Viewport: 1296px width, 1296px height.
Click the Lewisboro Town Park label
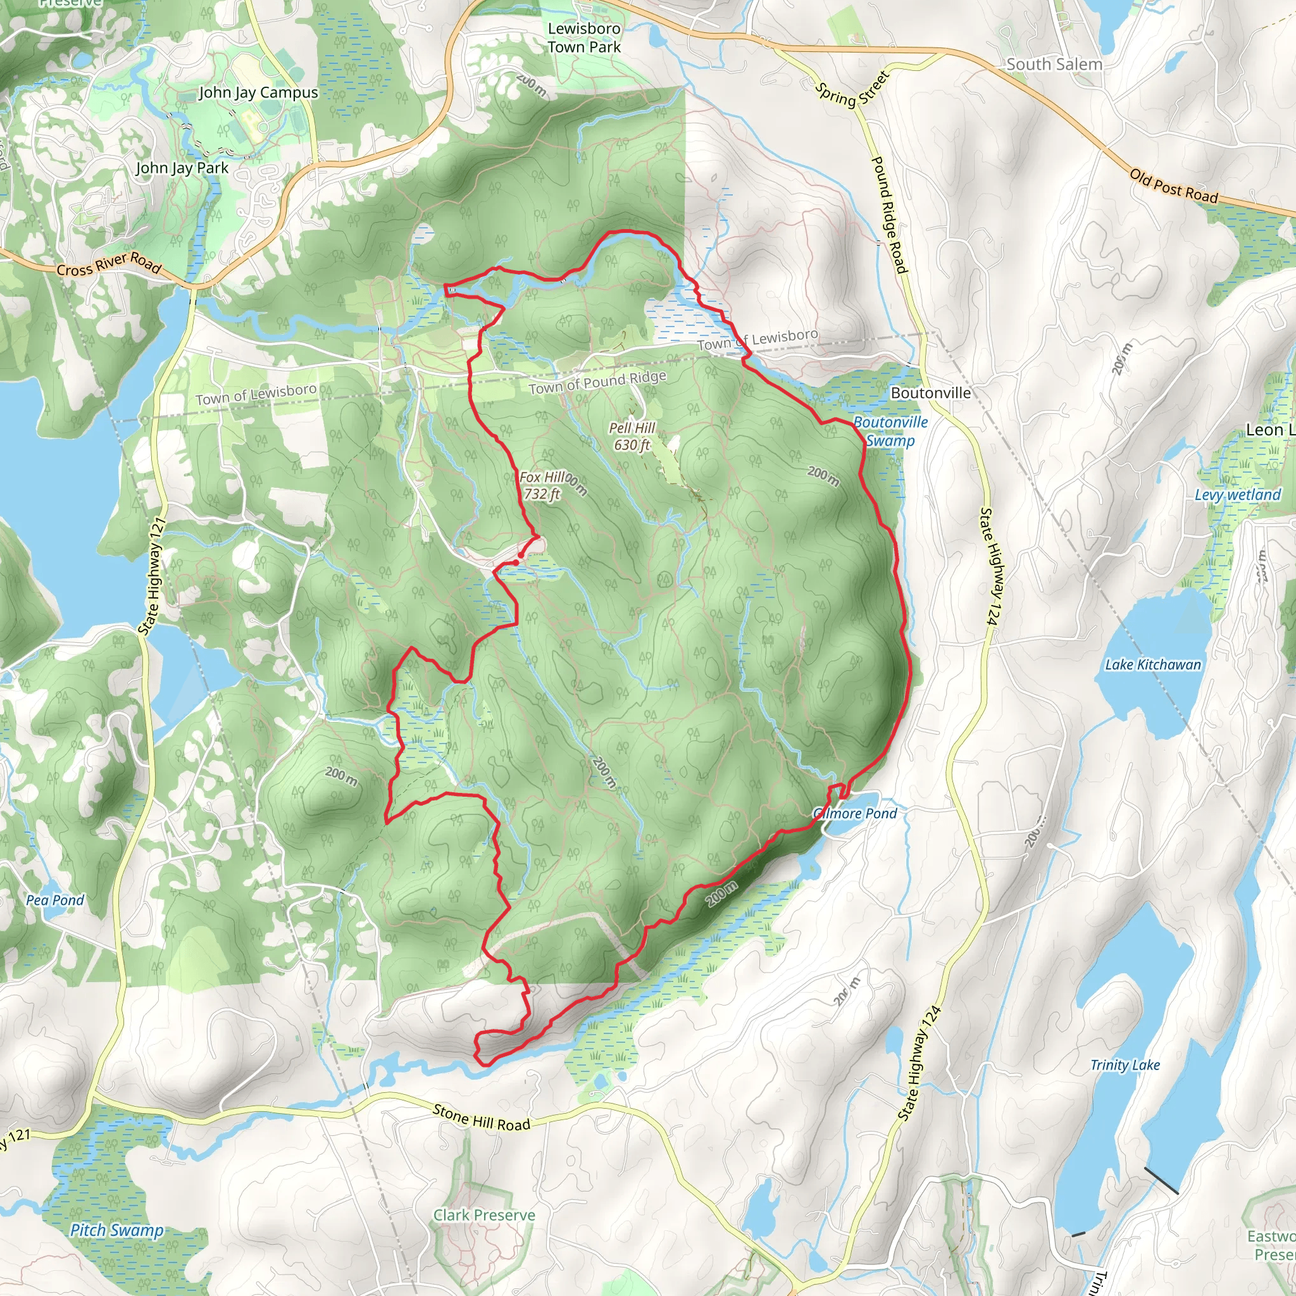[x=583, y=37]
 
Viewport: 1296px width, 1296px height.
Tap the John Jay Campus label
[x=258, y=92]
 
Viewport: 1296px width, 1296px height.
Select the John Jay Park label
[x=182, y=168]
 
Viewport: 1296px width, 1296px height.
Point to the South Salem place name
[x=1054, y=65]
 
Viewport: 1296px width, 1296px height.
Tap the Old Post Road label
[x=1173, y=186]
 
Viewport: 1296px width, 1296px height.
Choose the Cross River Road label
[x=109, y=265]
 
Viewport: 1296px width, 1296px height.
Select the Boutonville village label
[x=930, y=393]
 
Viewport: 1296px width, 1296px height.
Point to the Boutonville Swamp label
[x=890, y=432]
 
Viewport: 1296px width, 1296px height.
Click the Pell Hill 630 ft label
[x=632, y=436]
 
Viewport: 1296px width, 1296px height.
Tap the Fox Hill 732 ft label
[x=542, y=485]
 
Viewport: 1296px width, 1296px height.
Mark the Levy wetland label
[x=1238, y=495]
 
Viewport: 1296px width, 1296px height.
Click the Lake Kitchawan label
[x=1153, y=665]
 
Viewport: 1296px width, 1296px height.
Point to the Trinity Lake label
[x=1125, y=1065]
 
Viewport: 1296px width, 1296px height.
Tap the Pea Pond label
[x=55, y=900]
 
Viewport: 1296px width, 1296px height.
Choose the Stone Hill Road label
[x=481, y=1117]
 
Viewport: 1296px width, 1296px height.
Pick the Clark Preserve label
[x=483, y=1215]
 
